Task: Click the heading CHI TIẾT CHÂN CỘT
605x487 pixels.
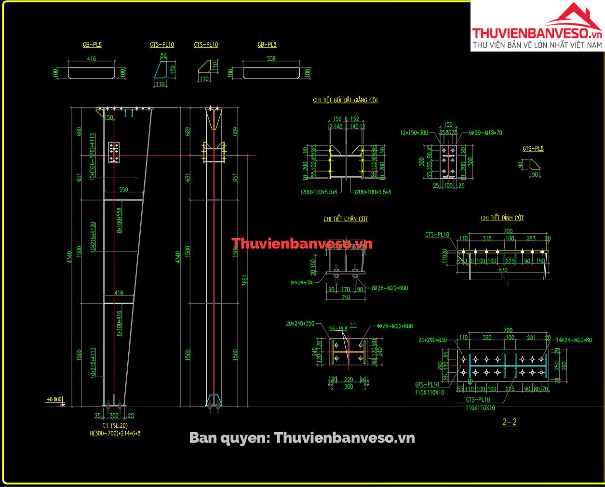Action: click(x=346, y=219)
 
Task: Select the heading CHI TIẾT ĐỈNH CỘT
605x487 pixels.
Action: click(x=502, y=218)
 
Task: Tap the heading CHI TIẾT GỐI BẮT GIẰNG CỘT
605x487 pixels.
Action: click(x=346, y=100)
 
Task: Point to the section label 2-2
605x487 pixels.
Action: click(x=509, y=422)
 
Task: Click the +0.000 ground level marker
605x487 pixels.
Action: click(x=54, y=399)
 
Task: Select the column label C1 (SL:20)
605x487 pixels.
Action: click(x=115, y=425)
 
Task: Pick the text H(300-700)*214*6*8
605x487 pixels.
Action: click(x=115, y=433)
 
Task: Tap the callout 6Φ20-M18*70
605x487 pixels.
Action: click(x=485, y=132)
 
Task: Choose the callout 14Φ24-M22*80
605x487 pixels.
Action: click(x=574, y=340)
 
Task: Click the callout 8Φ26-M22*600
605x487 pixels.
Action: click(x=390, y=288)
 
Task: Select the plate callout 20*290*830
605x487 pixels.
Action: click(x=432, y=340)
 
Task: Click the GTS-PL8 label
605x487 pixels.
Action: click(x=533, y=149)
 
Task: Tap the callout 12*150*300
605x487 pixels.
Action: click(x=414, y=132)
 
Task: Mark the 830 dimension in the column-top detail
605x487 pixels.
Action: click(x=503, y=270)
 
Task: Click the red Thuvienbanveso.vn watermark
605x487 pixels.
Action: click(x=302, y=244)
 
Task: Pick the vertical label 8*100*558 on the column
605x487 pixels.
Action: click(x=120, y=220)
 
